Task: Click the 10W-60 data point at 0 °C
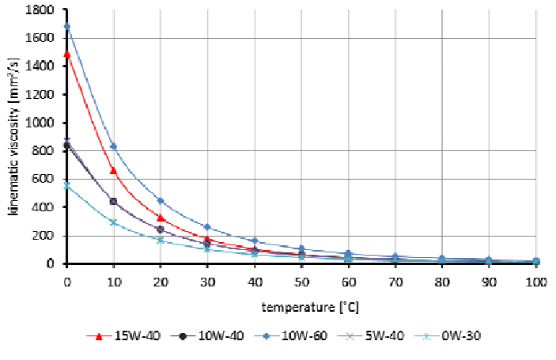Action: (x=66, y=26)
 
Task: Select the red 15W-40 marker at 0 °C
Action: (x=66, y=55)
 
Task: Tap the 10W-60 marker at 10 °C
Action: (x=113, y=146)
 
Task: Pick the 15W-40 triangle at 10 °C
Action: (x=113, y=170)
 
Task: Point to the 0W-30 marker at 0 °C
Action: (x=66, y=186)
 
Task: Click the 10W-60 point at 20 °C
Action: (x=161, y=200)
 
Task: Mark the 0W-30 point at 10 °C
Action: (x=113, y=222)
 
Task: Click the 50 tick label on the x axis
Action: (x=301, y=280)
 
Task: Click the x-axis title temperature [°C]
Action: (x=301, y=305)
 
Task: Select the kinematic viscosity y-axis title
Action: (x=13, y=136)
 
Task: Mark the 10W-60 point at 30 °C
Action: (x=207, y=227)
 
